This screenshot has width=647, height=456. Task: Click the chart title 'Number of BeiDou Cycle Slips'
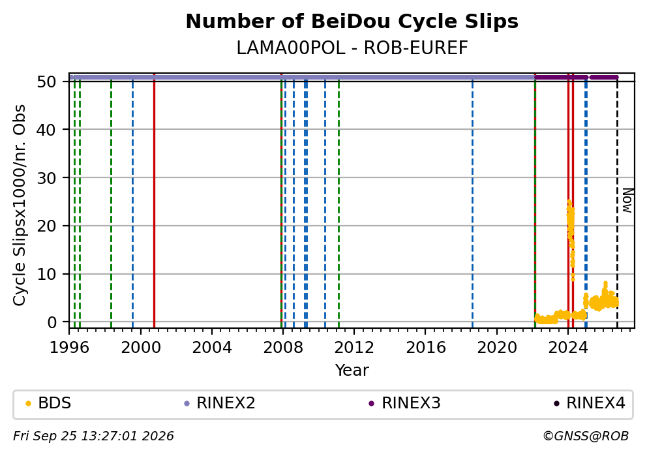coord(352,22)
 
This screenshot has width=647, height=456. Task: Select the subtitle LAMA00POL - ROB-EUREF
coord(352,48)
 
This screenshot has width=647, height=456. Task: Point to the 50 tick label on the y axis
coord(46,82)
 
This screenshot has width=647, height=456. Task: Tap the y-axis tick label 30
coord(46,178)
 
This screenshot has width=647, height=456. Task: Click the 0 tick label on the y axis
coord(52,322)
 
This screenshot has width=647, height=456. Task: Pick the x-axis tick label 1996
coord(69,348)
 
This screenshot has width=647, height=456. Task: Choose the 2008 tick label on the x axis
coord(283,348)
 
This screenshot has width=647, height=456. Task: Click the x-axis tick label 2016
coord(426,348)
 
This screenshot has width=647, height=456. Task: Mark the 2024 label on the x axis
coord(568,348)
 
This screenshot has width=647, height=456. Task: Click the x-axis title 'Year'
coord(352,370)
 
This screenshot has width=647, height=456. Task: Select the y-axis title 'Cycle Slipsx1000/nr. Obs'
coord(19,205)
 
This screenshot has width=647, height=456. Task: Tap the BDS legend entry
coord(48,403)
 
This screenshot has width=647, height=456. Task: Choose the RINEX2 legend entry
coord(220,403)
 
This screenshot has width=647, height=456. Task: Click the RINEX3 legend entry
coord(405,403)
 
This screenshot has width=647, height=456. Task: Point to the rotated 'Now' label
coord(627,200)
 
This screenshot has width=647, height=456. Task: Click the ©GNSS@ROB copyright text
coord(586,436)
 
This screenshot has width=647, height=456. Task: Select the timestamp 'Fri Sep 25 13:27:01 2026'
coord(93,436)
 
